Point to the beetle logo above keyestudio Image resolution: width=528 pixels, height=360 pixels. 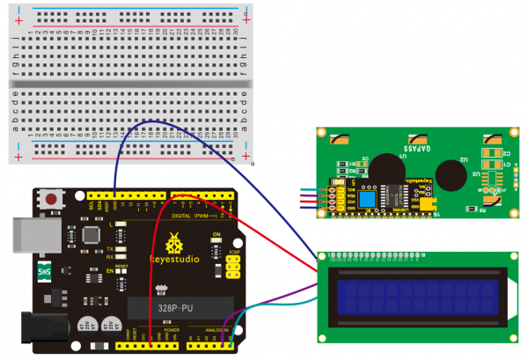176,239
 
